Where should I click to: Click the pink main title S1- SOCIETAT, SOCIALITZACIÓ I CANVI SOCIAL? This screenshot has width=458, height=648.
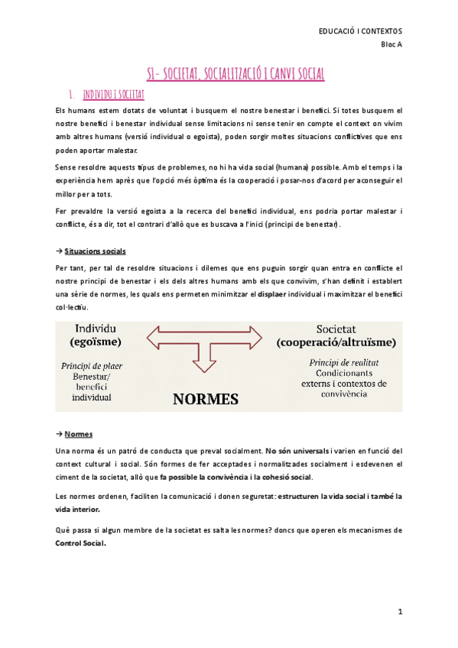coord(235,74)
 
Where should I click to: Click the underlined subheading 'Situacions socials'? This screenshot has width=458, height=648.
coord(96,251)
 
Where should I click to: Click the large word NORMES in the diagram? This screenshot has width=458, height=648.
coord(205,398)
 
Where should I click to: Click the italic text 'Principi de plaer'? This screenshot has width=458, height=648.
coord(91,365)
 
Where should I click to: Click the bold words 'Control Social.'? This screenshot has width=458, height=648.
coord(81,545)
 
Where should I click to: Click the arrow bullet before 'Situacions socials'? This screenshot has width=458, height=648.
coord(60,251)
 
